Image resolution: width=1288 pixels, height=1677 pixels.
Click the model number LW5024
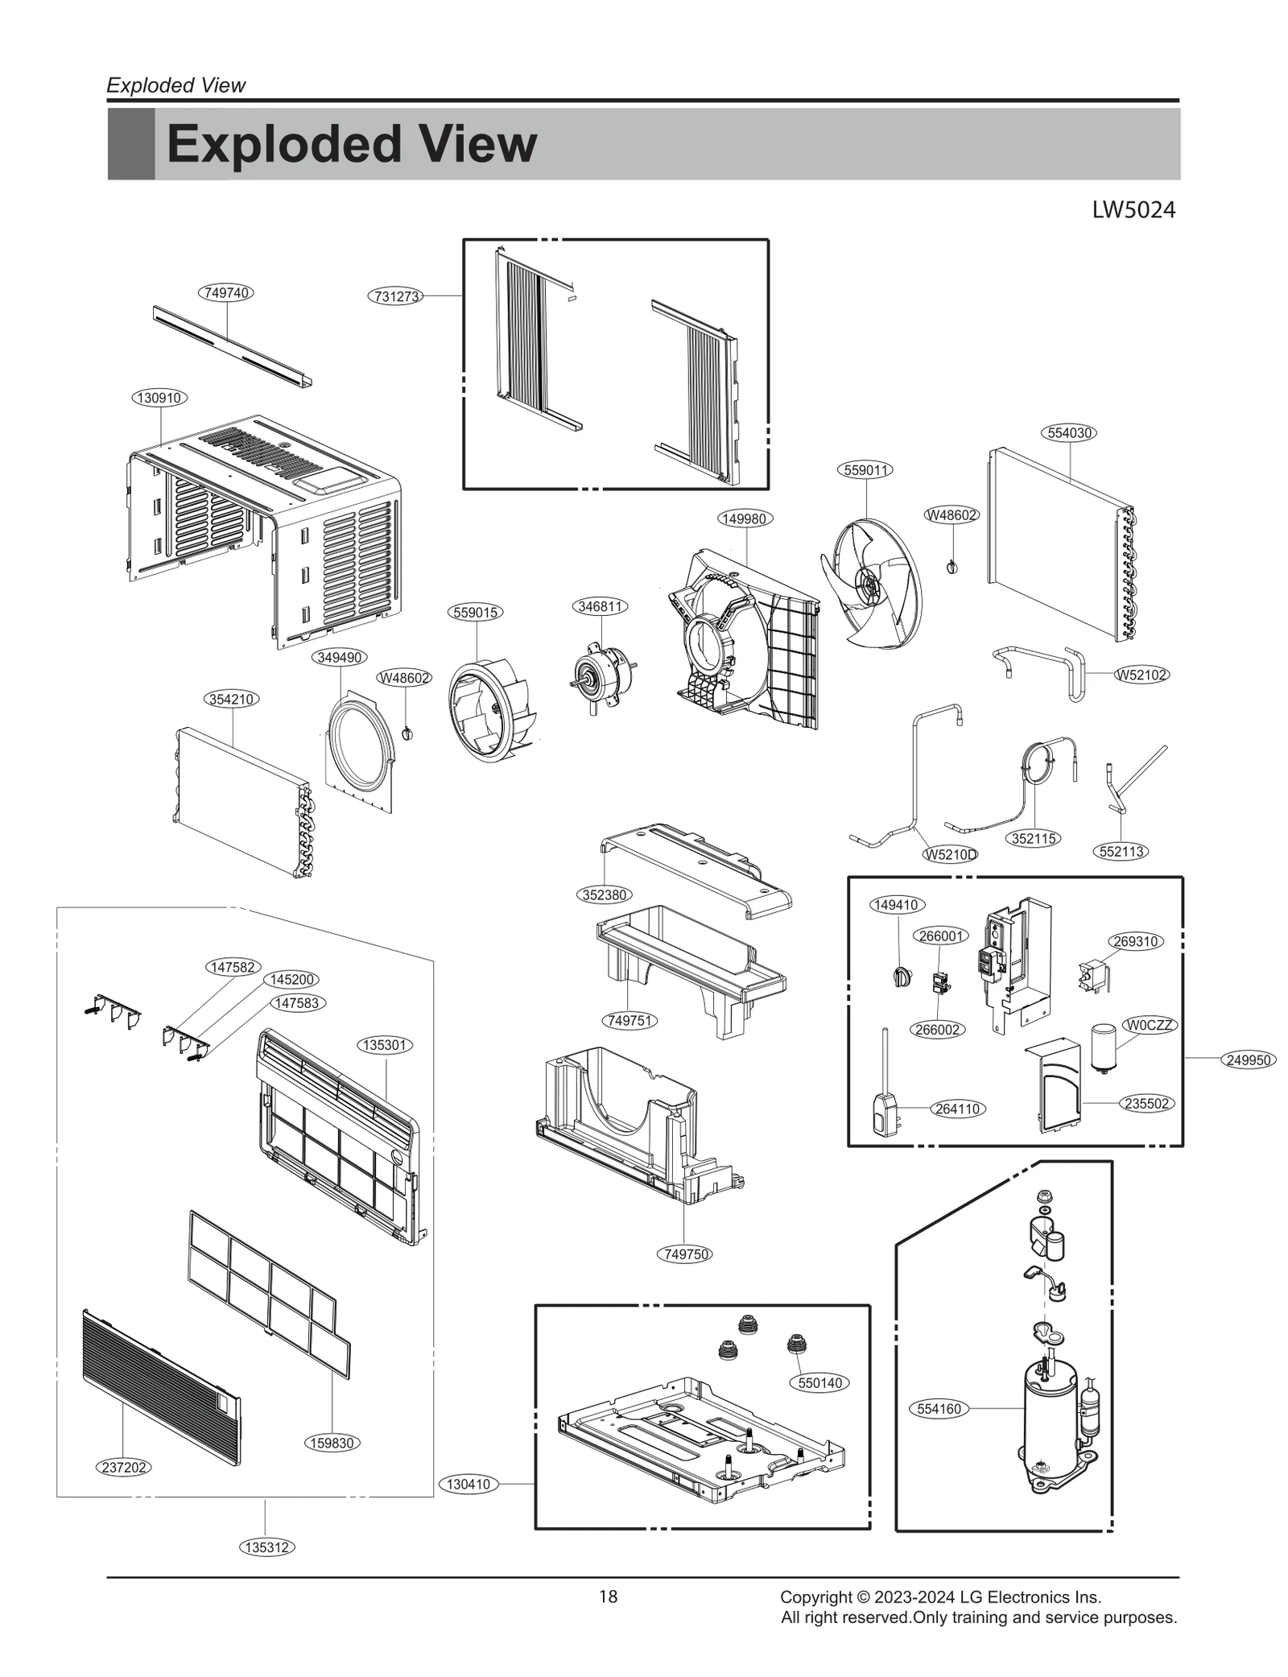click(x=1133, y=210)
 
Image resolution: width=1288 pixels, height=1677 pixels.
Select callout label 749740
click(x=226, y=293)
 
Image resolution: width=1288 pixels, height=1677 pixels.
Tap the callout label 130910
click(x=159, y=398)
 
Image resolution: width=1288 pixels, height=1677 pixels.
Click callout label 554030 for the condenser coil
click(x=1070, y=433)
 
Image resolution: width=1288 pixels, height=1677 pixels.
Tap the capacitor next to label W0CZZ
click(x=1103, y=1046)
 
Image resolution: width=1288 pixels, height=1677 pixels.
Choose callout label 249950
click(x=1249, y=1060)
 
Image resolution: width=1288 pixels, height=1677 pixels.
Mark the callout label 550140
click(x=819, y=1383)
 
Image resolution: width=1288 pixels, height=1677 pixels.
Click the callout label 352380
click(x=605, y=894)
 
